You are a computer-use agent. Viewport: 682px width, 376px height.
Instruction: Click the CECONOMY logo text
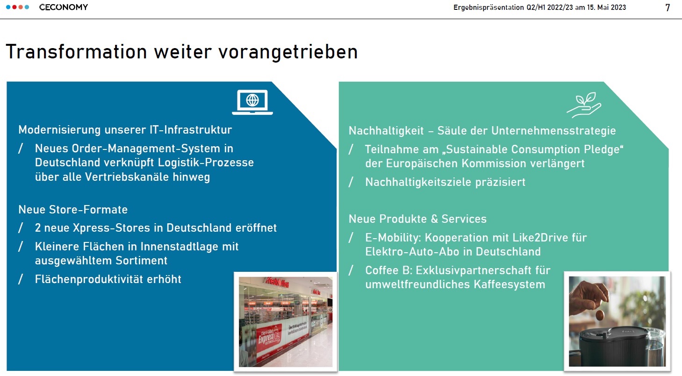coord(63,7)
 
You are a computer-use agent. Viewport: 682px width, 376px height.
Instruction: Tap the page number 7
coord(668,7)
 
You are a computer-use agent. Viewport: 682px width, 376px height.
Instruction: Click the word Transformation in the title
coord(76,51)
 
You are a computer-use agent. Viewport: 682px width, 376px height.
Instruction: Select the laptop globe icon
coord(252,102)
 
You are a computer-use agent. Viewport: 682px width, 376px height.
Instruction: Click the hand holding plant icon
coord(584,105)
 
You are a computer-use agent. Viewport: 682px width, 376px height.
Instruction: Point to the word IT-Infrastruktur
coord(191,130)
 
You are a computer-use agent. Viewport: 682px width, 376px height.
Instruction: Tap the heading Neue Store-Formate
coord(73,209)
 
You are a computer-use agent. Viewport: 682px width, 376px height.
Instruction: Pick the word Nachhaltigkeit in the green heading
coord(386,131)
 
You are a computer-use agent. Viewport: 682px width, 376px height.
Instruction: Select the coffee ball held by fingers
coord(600,315)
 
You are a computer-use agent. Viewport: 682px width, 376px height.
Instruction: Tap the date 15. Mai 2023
coord(606,7)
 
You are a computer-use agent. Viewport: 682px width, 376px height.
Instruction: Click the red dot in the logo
coord(14,7)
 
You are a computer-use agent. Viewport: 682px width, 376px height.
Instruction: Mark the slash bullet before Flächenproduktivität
coord(21,279)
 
